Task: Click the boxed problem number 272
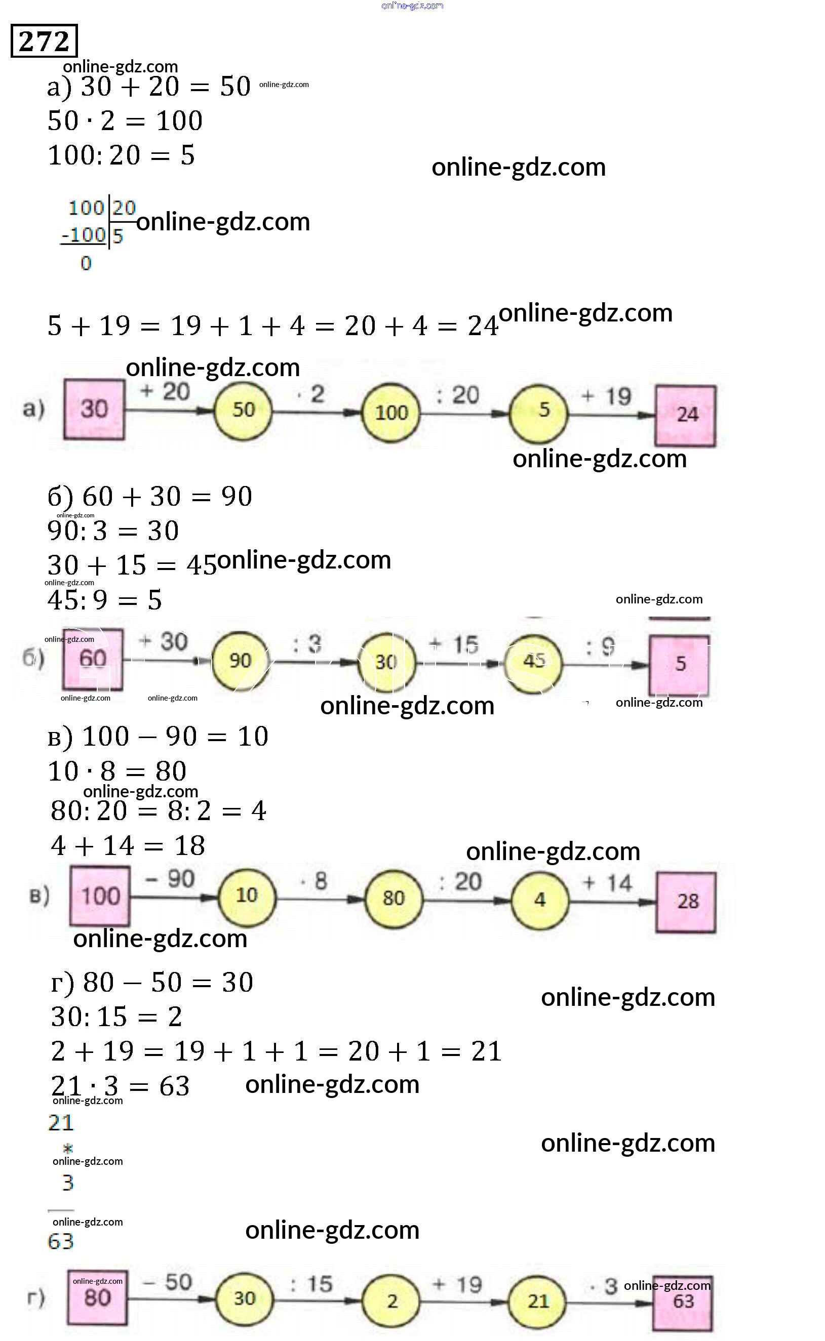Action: [x=44, y=41]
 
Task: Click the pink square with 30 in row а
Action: [x=94, y=409]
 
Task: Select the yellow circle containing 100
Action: [x=390, y=412]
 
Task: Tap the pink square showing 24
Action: [x=686, y=415]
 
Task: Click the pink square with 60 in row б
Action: [x=93, y=659]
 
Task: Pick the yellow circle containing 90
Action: [x=240, y=661]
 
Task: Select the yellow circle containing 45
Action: [x=533, y=662]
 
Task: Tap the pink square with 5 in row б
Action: [x=679, y=664]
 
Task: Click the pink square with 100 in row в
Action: [x=100, y=897]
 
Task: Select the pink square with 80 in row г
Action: [x=97, y=1298]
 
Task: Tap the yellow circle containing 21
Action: [x=537, y=1301]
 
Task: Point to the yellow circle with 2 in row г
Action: [x=391, y=1302]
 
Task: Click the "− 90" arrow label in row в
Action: [x=170, y=879]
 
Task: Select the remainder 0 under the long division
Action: [x=86, y=264]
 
